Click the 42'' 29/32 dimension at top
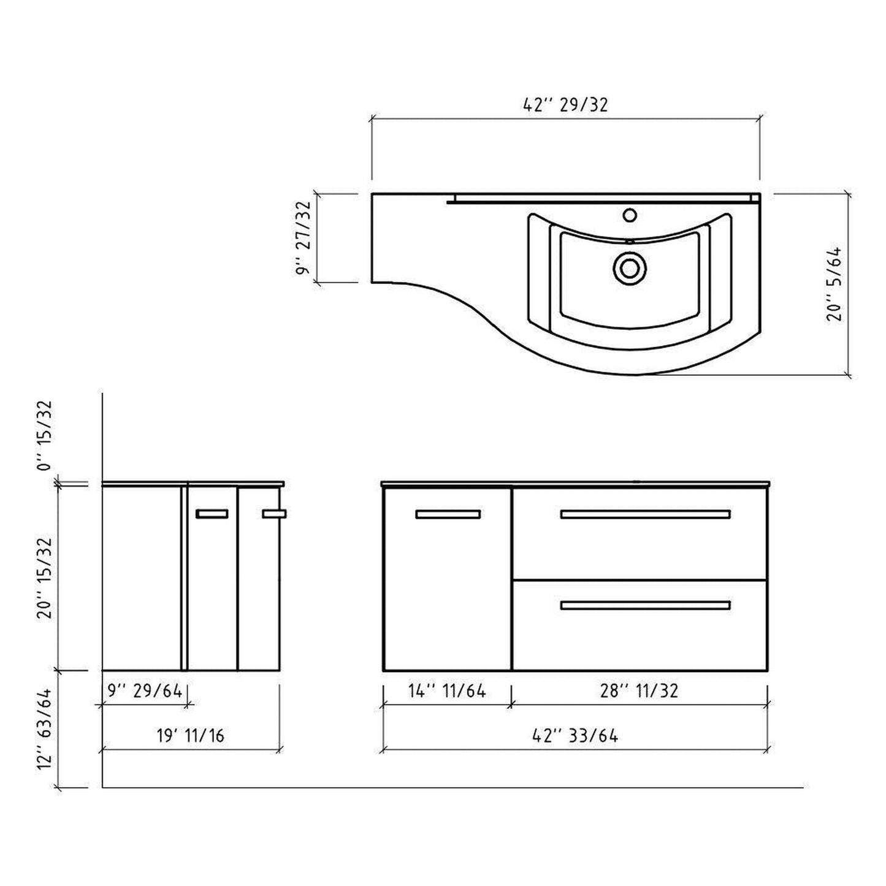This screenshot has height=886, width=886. [x=565, y=105]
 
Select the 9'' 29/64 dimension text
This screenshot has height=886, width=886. [x=145, y=691]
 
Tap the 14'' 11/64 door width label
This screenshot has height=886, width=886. [x=447, y=691]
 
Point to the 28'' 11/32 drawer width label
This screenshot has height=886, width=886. [x=639, y=691]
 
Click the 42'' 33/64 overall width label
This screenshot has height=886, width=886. [x=575, y=735]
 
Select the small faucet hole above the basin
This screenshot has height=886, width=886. [x=628, y=215]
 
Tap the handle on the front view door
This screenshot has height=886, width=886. [x=448, y=514]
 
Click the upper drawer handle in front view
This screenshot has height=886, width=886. [x=645, y=514]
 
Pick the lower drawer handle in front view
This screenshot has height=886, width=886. [x=645, y=606]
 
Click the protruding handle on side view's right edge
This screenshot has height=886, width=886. [x=274, y=514]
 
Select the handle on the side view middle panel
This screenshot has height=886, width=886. [x=212, y=514]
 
